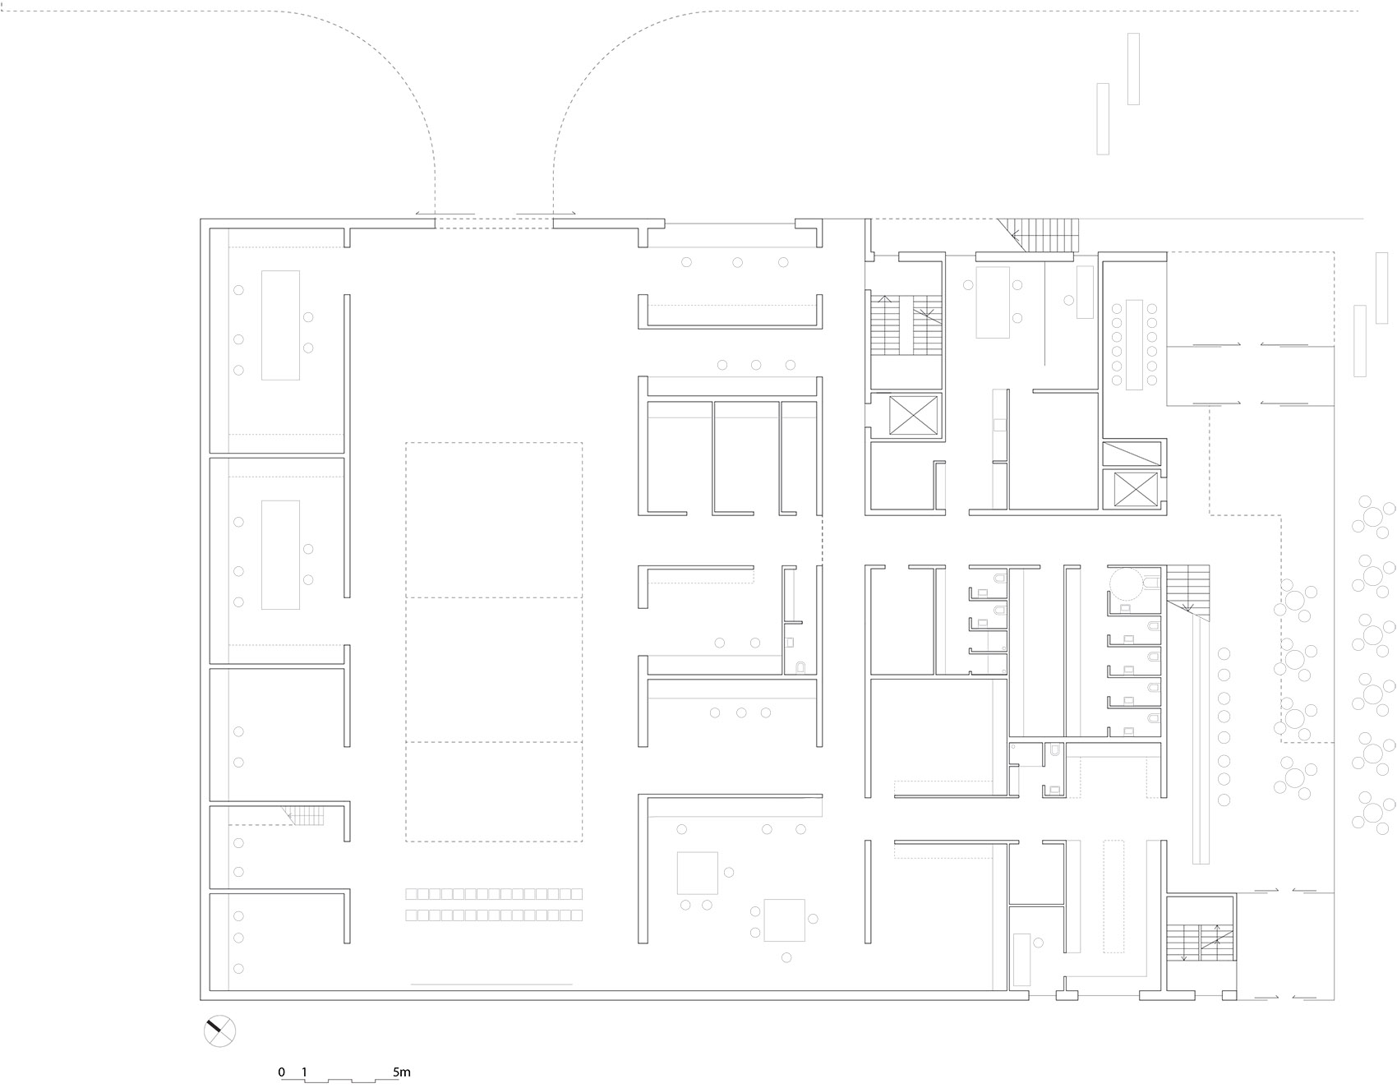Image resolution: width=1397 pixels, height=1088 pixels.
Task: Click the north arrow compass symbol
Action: point(219,1031)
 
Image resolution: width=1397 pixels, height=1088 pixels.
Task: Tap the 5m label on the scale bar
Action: point(401,1072)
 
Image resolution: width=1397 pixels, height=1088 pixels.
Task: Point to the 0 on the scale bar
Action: point(282,1072)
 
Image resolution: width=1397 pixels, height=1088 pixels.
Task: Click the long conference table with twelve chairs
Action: point(1134,345)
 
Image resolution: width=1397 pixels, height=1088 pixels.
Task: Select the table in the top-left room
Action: point(280,325)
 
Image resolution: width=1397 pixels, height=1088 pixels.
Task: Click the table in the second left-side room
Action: point(280,555)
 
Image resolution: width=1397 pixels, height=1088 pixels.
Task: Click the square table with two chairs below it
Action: point(698,873)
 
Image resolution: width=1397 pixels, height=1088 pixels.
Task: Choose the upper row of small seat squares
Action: point(494,894)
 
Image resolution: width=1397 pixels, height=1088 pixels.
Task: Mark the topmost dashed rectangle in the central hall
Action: point(494,520)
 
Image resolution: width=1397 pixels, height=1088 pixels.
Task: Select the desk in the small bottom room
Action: point(1021,960)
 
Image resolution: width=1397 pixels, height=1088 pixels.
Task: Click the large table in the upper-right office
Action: point(993,302)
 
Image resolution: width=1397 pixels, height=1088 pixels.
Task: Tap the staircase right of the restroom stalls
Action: point(1188,588)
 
